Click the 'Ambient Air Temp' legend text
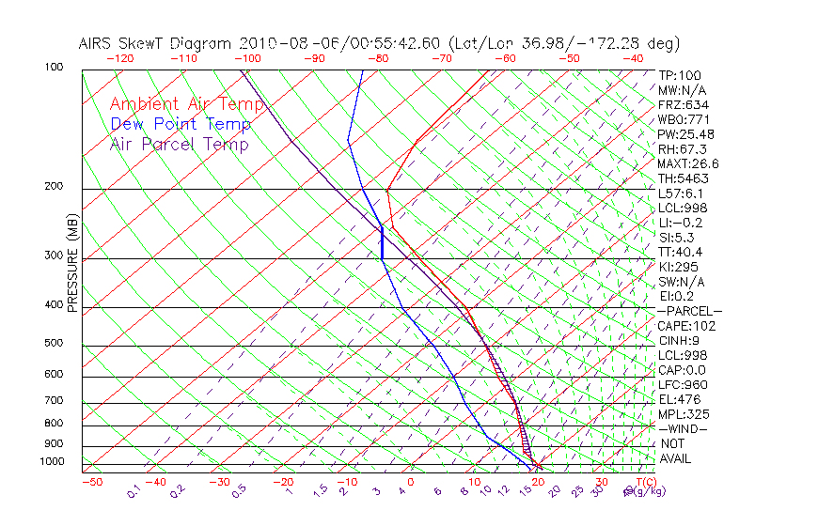pos(187,104)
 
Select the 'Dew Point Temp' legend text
pos(181,124)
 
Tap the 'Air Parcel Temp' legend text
pos(180,144)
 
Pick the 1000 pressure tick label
pos(53,462)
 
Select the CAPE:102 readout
pos(686,326)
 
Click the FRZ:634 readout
pos(684,104)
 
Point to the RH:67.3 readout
pos(683,149)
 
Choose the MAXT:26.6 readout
pos(688,163)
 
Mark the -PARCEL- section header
pos(689,311)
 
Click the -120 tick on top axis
pos(121,58)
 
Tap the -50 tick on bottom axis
pos(91,482)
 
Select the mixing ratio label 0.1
pos(134,489)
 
